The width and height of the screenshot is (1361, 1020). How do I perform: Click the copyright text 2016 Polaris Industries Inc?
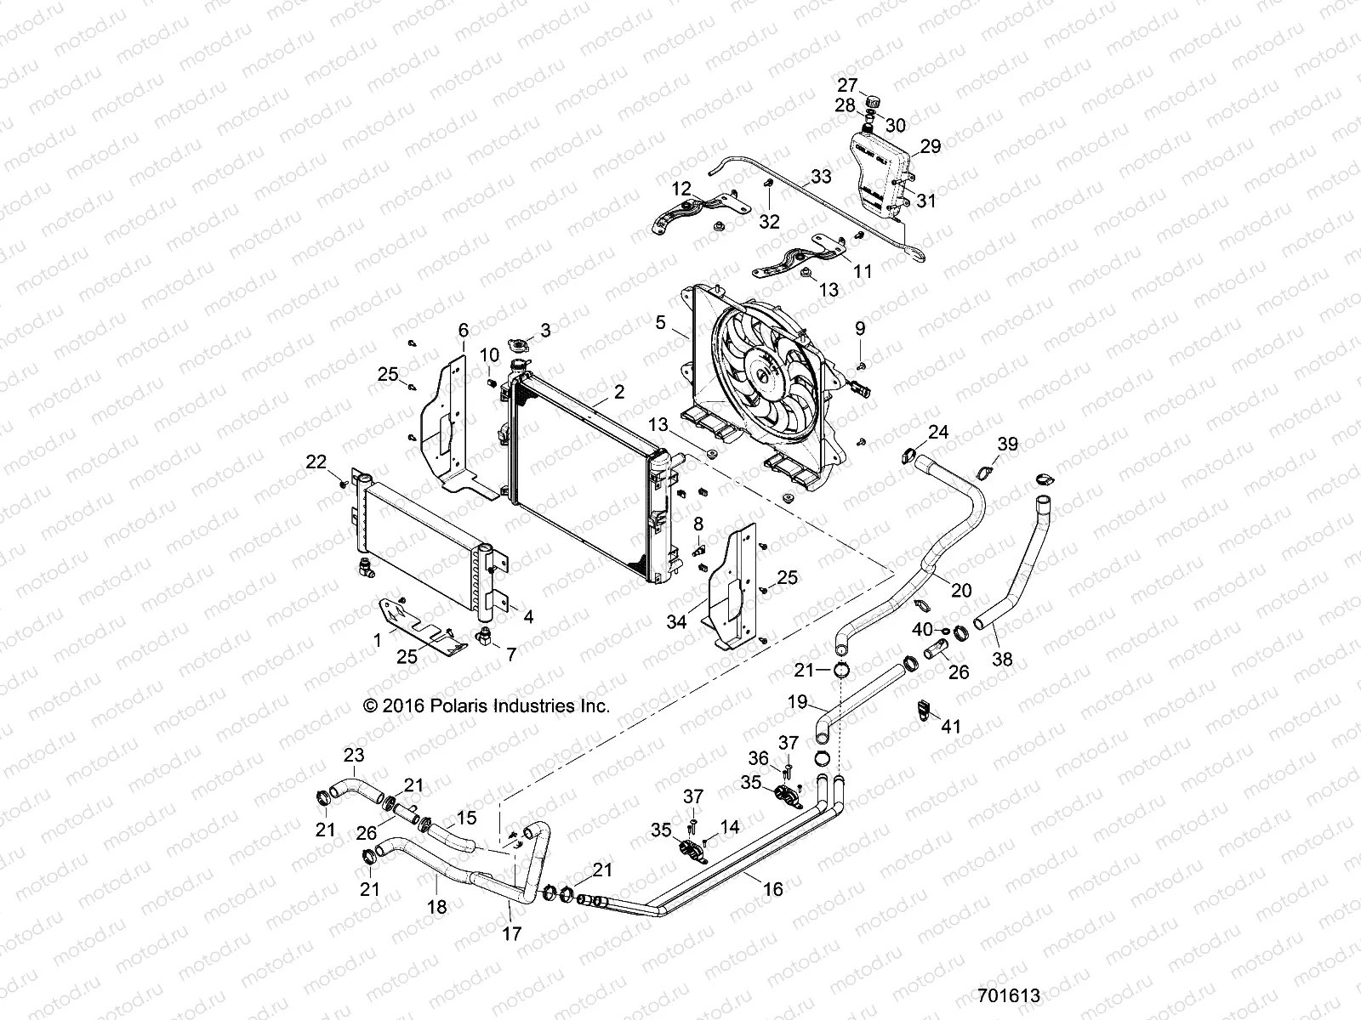point(487,705)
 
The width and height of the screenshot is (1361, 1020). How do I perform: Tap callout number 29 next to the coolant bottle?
point(931,146)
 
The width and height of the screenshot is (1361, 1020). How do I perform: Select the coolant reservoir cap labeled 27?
point(870,103)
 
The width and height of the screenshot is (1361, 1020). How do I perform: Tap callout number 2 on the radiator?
point(618,392)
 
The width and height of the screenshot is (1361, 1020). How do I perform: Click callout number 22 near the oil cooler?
point(316,462)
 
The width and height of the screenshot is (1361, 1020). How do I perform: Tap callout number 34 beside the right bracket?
point(676,621)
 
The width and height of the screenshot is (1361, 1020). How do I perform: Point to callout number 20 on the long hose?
point(961,590)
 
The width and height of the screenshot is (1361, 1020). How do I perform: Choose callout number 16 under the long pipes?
point(772,889)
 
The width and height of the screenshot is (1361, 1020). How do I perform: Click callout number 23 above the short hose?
point(353,754)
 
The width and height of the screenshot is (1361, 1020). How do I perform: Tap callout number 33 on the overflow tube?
point(821,177)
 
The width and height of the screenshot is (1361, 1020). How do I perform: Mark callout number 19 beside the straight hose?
point(797,702)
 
